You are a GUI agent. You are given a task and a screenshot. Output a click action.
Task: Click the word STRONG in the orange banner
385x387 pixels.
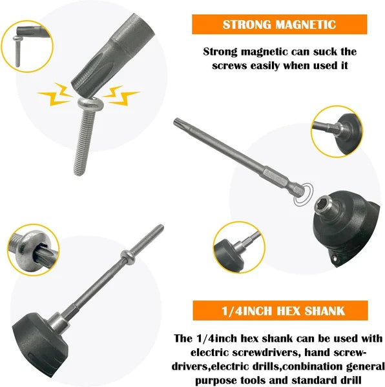click(x=247, y=25)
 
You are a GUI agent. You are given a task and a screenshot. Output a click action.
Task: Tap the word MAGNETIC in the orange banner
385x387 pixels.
click(x=306, y=25)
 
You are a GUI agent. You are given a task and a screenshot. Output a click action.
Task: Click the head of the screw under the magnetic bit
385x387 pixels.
click(x=90, y=104)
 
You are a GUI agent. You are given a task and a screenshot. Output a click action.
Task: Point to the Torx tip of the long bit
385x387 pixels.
click(x=178, y=122)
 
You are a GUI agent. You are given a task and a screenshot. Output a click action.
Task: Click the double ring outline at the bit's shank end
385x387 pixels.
click(x=304, y=194)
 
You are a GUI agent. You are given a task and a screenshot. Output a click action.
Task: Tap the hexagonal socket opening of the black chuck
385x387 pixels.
click(x=323, y=203)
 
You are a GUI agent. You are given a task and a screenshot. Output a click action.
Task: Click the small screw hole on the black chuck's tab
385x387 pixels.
click(x=334, y=259)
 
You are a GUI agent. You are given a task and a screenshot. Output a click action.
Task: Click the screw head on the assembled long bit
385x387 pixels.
click(x=129, y=257)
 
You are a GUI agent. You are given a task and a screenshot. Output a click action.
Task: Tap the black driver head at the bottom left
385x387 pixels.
click(x=39, y=344)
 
